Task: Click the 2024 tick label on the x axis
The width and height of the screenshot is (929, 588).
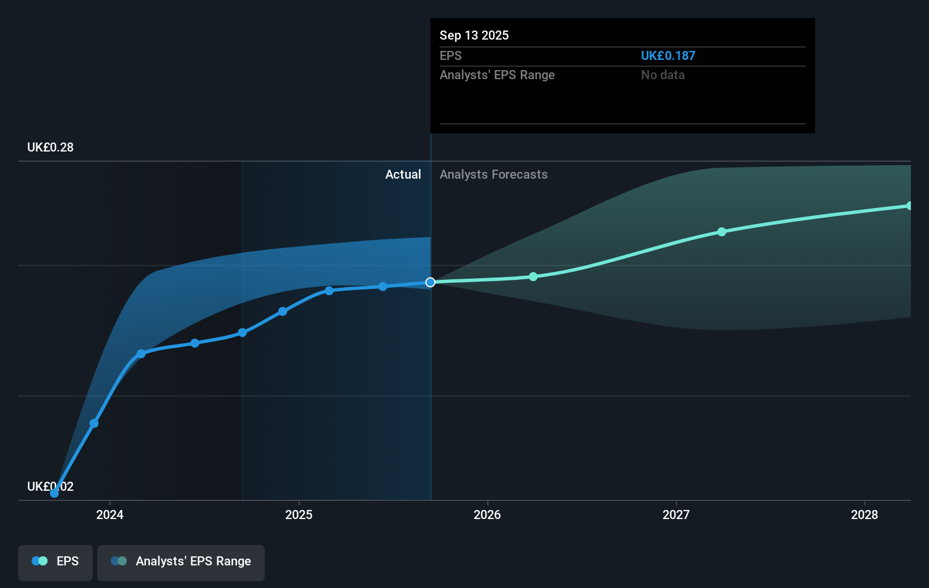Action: (x=110, y=514)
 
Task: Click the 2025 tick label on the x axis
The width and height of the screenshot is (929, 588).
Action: (x=299, y=514)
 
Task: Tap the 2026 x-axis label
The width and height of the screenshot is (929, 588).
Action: (x=487, y=514)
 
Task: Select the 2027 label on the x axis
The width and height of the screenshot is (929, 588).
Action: (x=676, y=514)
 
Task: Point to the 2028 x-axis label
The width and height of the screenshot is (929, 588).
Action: (x=865, y=514)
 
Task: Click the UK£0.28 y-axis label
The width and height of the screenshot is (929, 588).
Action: (x=50, y=148)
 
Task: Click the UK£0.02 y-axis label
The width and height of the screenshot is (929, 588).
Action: (x=50, y=486)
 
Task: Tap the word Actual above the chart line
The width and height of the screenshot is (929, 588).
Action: (x=403, y=175)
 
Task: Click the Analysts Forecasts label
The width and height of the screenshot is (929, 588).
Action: (x=493, y=175)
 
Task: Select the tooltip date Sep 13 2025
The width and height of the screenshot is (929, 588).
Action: (x=474, y=36)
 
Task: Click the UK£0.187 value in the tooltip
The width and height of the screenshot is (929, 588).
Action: (x=668, y=56)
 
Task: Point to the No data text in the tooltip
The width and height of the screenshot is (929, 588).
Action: (x=663, y=75)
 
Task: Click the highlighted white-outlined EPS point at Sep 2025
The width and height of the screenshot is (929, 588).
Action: (x=431, y=282)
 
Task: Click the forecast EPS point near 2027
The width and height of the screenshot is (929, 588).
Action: (x=721, y=232)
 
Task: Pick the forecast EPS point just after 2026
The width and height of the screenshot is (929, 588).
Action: (x=533, y=276)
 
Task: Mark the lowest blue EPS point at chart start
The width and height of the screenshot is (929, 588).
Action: (x=54, y=493)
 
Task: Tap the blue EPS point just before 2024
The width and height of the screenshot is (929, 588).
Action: (x=94, y=423)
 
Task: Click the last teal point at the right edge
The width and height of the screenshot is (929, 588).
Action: (x=909, y=206)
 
